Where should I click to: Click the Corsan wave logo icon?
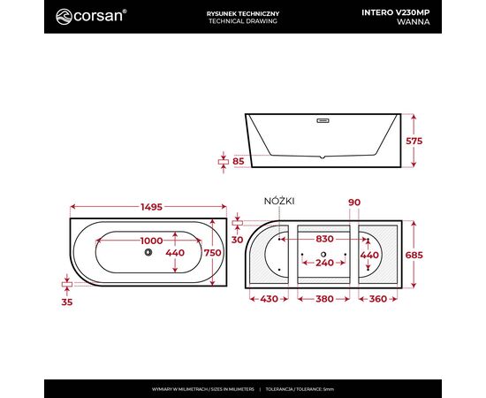pyautogui.click(x=64, y=17)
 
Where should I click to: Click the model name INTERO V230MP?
pyautogui.click(x=396, y=12)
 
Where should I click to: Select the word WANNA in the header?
pyautogui.click(x=414, y=22)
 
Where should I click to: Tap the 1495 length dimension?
pyautogui.click(x=152, y=207)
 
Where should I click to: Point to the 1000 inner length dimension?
pyautogui.click(x=152, y=241)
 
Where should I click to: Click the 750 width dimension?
pyautogui.click(x=213, y=253)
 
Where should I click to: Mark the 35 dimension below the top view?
pyautogui.click(x=67, y=302)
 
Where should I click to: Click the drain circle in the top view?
pyautogui.click(x=148, y=252)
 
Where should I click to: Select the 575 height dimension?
pyautogui.click(x=414, y=142)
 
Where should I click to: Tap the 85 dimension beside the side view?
pyautogui.click(x=239, y=161)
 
